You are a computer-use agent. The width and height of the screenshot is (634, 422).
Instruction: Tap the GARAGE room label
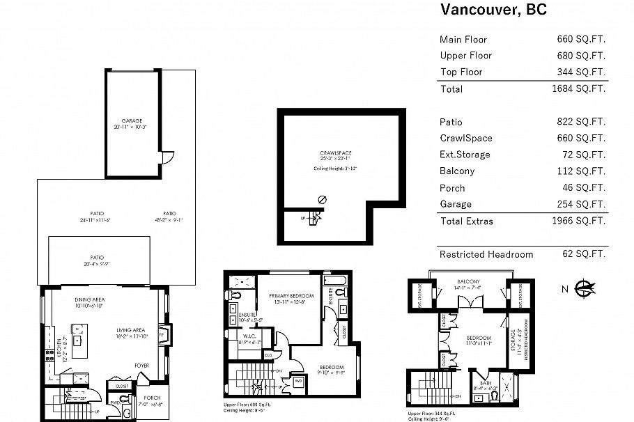tap(132, 120)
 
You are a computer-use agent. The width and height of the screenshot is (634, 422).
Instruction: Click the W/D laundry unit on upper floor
tap(299, 381)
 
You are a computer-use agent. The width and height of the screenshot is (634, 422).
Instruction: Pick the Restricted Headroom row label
tap(486, 254)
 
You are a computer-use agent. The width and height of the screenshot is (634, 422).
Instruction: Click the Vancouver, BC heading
tap(493, 10)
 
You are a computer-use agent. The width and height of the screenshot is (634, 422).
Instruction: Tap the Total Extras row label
tap(466, 221)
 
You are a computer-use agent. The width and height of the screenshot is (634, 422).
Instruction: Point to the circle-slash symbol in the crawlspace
tap(321, 199)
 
